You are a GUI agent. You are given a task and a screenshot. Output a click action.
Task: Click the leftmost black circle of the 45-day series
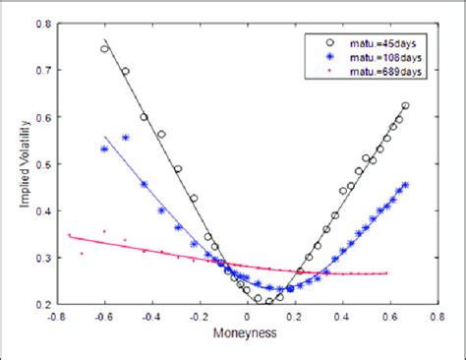coord(104,48)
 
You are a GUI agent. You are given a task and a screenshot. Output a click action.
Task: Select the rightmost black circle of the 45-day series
coord(406,105)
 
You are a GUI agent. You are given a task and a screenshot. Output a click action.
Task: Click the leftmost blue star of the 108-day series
coord(104,149)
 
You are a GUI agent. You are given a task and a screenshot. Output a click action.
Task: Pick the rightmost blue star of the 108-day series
coord(406,184)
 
